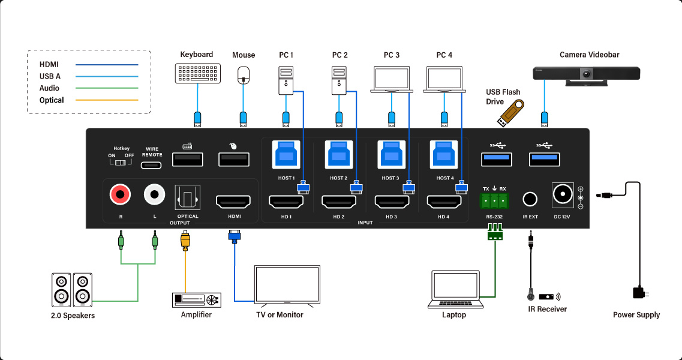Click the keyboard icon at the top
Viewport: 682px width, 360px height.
click(197, 73)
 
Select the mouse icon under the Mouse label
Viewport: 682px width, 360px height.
click(244, 74)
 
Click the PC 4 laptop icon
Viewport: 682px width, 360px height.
click(444, 80)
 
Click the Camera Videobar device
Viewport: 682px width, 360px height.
click(587, 74)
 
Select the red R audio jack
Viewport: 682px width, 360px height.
click(120, 194)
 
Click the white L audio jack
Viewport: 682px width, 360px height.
click(154, 194)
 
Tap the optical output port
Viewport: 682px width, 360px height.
click(188, 197)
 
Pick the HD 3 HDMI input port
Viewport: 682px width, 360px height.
click(392, 202)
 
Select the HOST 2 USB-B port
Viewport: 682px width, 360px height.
click(339, 155)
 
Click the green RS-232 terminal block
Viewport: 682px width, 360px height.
click(494, 200)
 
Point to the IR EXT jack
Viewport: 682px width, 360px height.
click(530, 199)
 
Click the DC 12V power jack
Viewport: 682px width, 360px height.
click(563, 194)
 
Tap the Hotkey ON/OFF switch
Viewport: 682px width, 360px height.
click(124, 163)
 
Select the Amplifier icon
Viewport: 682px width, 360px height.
click(196, 299)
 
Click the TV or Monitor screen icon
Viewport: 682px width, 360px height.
click(287, 285)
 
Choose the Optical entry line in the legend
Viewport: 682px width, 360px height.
click(107, 100)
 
